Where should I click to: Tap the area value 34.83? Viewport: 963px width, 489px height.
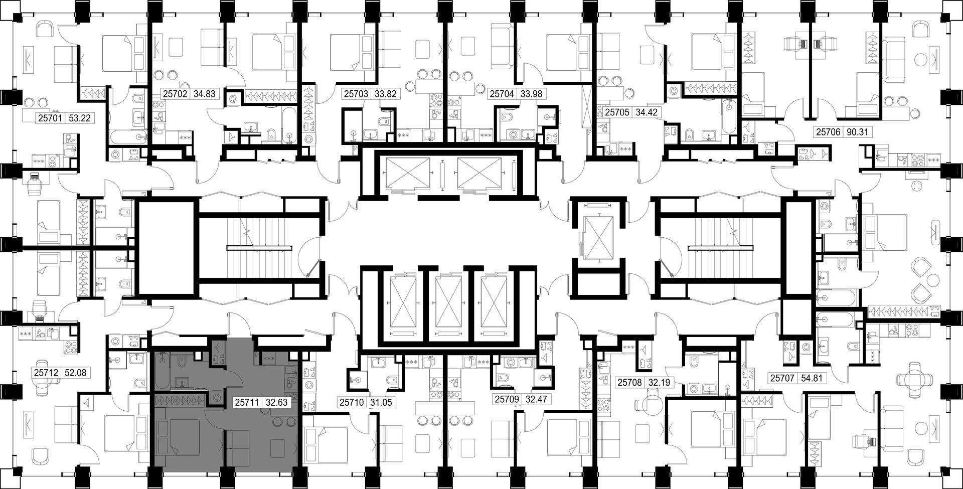pyautogui.click(x=203, y=94)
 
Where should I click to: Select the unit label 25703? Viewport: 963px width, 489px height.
pyautogui.click(x=356, y=94)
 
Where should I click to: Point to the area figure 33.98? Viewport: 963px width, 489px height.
pyautogui.click(x=531, y=94)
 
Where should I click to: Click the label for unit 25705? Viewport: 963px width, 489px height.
pyautogui.click(x=616, y=112)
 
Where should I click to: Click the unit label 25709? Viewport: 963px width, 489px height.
pyautogui.click(x=507, y=400)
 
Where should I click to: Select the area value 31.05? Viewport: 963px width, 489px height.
pyautogui.click(x=381, y=402)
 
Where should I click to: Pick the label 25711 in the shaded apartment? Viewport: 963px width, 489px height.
pyautogui.click(x=247, y=402)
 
